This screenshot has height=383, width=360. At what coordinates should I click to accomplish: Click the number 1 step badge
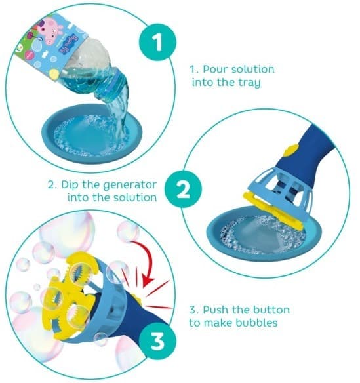pyautogui.click(x=157, y=42)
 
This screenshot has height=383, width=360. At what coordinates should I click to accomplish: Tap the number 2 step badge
pyautogui.click(x=183, y=190)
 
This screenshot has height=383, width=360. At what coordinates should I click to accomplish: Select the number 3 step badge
pyautogui.click(x=157, y=341)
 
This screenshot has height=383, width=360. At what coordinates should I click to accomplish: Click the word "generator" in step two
pyautogui.click(x=130, y=186)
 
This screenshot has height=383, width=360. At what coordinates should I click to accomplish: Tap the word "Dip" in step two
pyautogui.click(x=70, y=184)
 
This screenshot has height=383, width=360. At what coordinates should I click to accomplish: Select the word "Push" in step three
pyautogui.click(x=216, y=310)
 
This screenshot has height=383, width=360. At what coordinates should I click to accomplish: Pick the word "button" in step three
pyautogui.click(x=271, y=310)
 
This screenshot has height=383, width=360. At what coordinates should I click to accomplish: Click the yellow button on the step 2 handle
pyautogui.click(x=290, y=150)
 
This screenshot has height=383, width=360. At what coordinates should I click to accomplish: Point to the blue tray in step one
pyautogui.click(x=92, y=133)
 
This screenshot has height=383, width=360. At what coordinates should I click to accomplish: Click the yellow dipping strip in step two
pyautogui.click(x=273, y=211)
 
